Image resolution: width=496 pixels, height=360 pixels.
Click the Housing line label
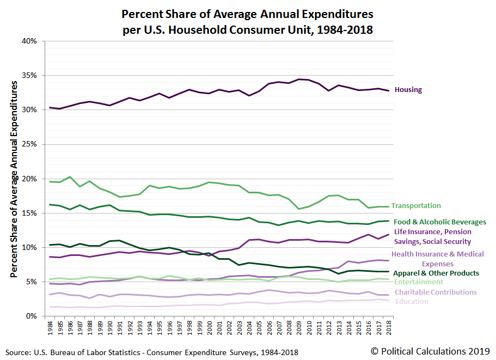[408, 90]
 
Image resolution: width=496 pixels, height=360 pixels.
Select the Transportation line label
[416, 206]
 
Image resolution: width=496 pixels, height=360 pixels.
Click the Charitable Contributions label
[436, 292]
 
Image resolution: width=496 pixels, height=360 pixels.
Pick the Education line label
[412, 302]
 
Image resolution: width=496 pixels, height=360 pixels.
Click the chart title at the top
[248, 21]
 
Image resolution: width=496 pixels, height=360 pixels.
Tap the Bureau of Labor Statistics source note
[153, 352]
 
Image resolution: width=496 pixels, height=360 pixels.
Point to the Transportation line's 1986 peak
[70, 177]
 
